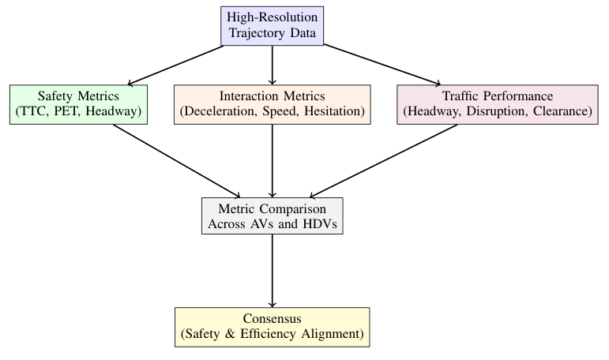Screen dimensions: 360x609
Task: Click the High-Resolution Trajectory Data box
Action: pos(273,25)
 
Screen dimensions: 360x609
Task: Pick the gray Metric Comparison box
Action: pos(273,214)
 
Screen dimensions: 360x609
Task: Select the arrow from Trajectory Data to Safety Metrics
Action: pos(175,65)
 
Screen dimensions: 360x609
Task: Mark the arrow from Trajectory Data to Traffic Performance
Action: pos(382,65)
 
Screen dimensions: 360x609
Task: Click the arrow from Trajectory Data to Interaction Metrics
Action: pos(273,65)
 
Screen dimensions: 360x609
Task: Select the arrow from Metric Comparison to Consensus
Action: pos(273,270)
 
